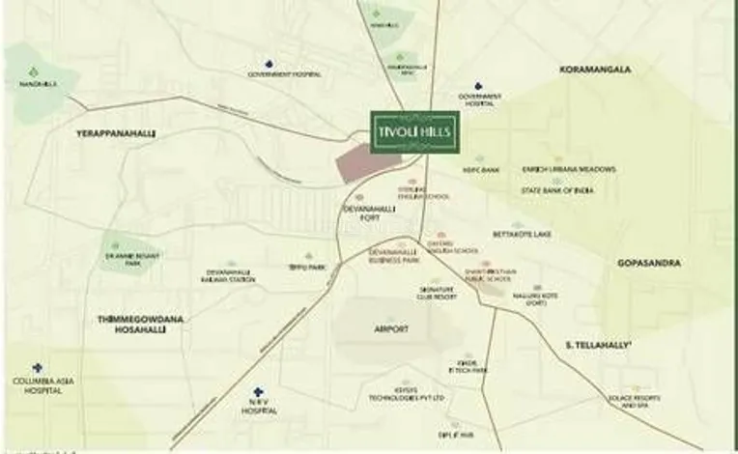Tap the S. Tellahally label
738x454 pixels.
[x=599, y=344]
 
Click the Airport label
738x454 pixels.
[x=389, y=329]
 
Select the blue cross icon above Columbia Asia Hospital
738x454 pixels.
[x=37, y=368]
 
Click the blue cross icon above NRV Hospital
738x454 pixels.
[x=258, y=393]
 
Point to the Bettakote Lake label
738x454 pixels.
[x=522, y=234]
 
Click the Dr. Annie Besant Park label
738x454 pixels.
[x=116, y=259]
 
